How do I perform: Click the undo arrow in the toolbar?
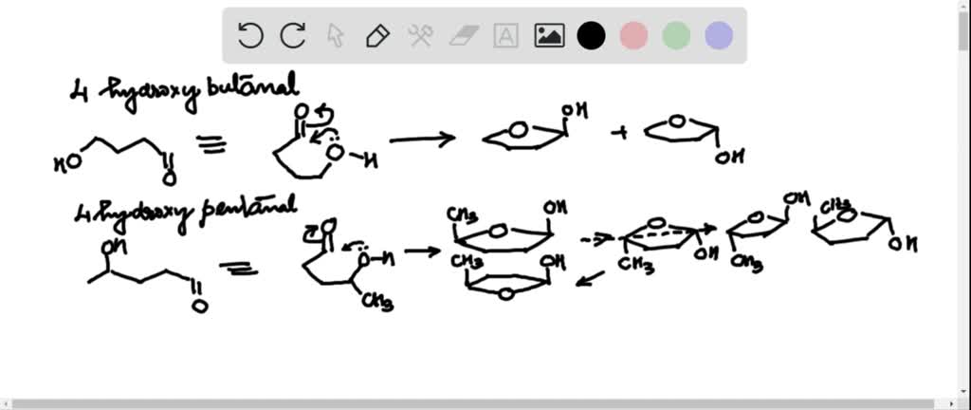pyautogui.click(x=250, y=36)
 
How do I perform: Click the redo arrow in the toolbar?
pyautogui.click(x=293, y=36)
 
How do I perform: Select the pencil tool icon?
pyautogui.click(x=377, y=36)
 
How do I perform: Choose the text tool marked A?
pyautogui.click(x=506, y=36)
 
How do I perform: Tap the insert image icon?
pyautogui.click(x=549, y=36)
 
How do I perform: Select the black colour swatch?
pyautogui.click(x=592, y=36)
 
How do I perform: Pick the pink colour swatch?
pyautogui.click(x=633, y=36)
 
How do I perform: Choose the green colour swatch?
pyautogui.click(x=676, y=36)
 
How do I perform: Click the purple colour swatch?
pyautogui.click(x=719, y=36)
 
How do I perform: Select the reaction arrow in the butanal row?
pyautogui.click(x=422, y=140)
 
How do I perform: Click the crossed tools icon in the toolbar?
pyautogui.click(x=420, y=36)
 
